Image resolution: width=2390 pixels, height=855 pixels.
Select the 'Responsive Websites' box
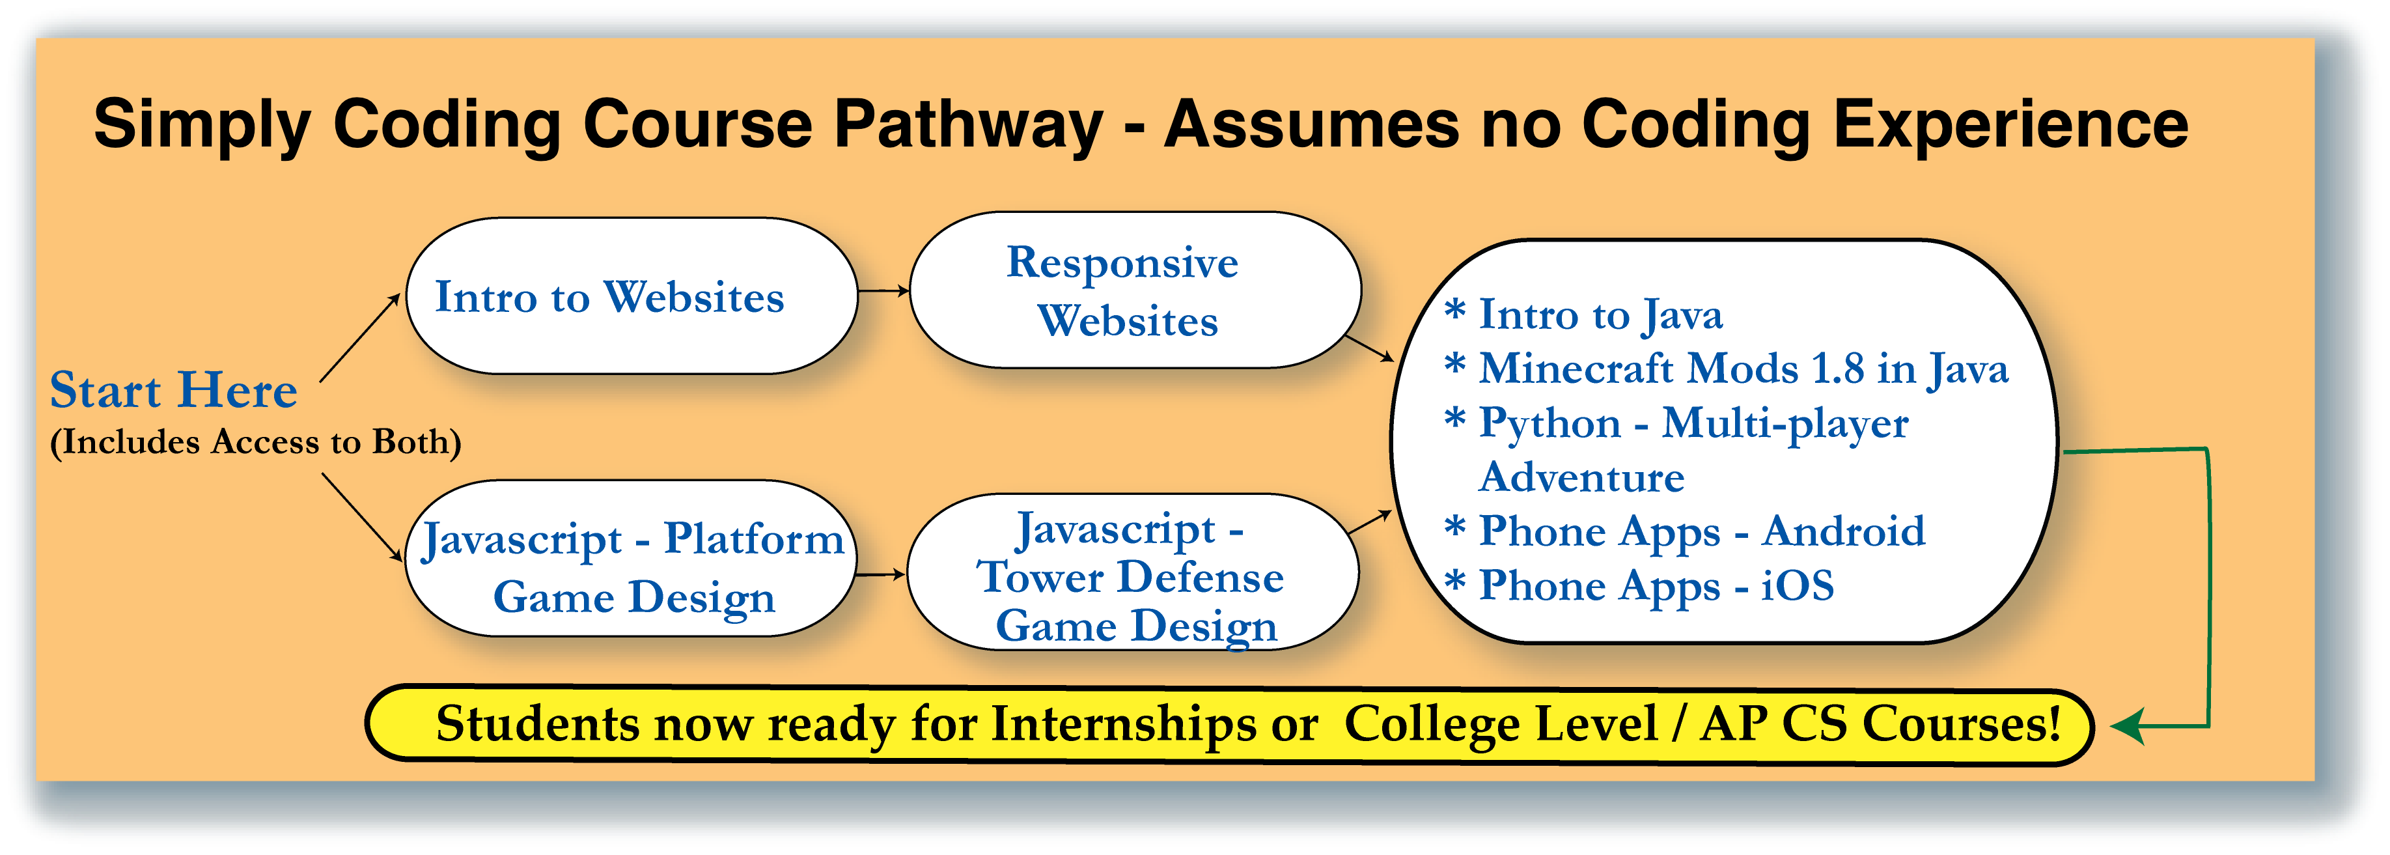click(x=1135, y=290)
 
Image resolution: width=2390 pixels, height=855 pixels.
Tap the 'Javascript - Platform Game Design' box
click(x=631, y=559)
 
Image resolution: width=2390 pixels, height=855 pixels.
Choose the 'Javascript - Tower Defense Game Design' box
click(x=1133, y=572)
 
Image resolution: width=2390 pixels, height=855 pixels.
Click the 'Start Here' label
click(x=173, y=390)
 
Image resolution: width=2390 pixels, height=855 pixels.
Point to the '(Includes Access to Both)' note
click(x=255, y=442)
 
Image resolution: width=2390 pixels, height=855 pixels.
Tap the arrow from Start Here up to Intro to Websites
click(x=360, y=337)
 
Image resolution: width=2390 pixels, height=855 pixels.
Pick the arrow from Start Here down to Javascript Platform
click(x=362, y=517)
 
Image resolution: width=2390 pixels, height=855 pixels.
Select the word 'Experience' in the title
click(x=2010, y=124)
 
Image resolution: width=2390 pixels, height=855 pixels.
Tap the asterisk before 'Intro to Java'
click(x=1455, y=309)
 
